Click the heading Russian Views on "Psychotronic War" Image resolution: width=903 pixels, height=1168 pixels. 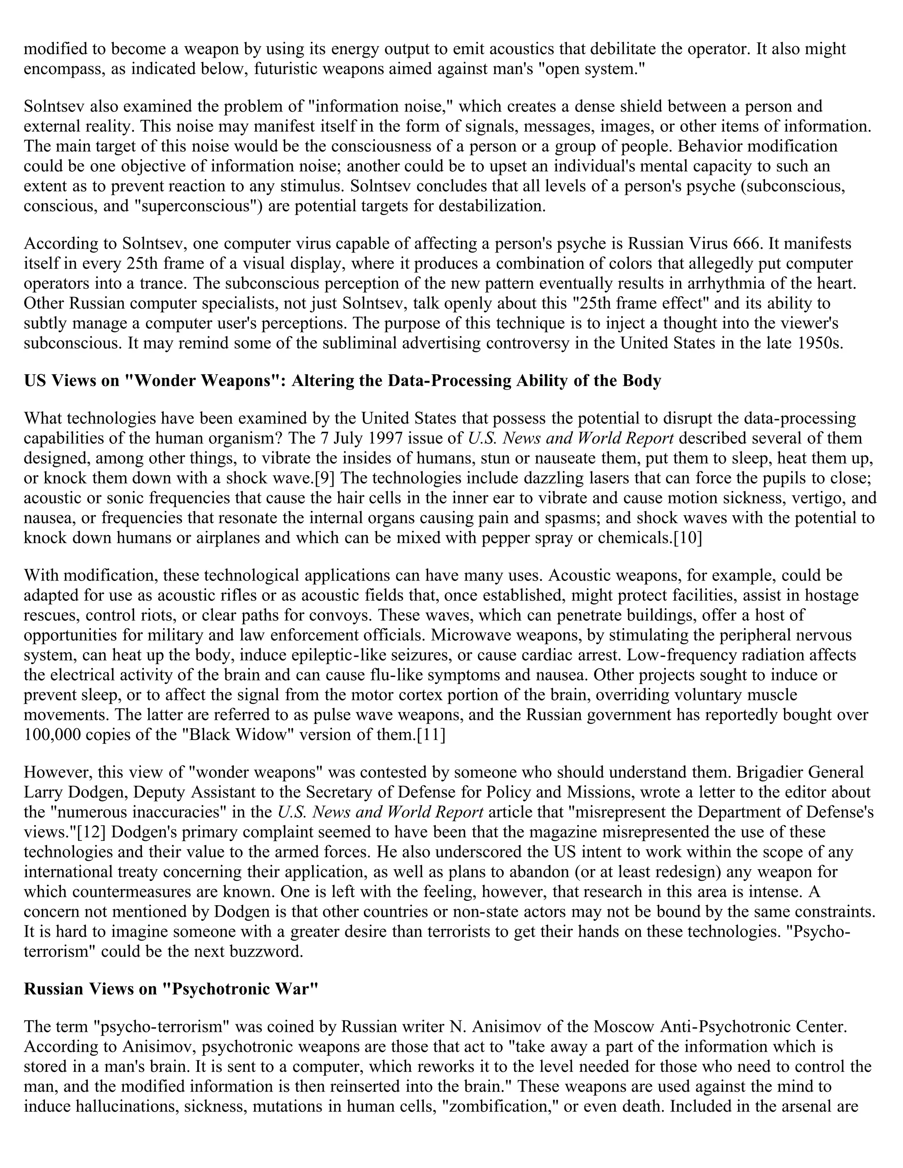171,989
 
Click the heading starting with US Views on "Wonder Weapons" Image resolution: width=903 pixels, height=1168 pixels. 342,381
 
